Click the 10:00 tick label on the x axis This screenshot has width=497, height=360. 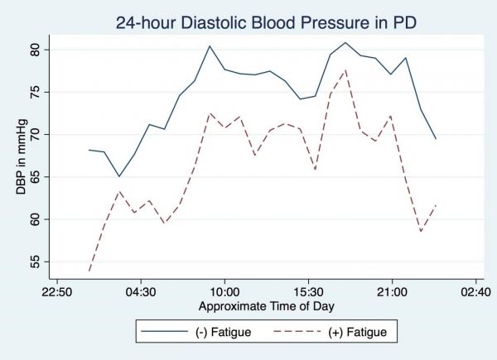tap(224, 291)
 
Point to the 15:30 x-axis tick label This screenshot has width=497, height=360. tap(308, 291)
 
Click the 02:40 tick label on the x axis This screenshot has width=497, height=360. tap(475, 291)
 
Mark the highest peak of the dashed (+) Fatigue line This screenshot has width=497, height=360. tap(345, 70)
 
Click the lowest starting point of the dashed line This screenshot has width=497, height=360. tap(89, 271)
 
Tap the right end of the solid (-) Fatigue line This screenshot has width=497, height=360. tap(436, 138)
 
